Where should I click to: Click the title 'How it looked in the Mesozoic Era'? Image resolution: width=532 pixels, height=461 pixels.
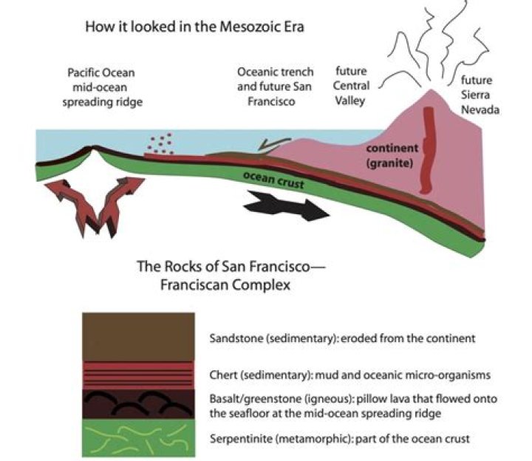click(194, 27)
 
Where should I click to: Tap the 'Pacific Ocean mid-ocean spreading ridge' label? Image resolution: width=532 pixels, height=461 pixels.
click(102, 87)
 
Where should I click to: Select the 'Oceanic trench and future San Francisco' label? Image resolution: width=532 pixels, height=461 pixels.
click(275, 86)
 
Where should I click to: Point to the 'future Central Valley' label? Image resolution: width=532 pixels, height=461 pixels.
click(351, 86)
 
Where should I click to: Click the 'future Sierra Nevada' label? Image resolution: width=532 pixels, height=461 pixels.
click(480, 95)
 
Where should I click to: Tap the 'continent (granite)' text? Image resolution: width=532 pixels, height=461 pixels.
click(392, 156)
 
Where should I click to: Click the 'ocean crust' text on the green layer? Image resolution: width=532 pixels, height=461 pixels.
click(273, 180)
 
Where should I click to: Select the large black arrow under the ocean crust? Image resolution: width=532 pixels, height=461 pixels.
click(286, 205)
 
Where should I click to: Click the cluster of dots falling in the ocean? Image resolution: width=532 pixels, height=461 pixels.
click(160, 144)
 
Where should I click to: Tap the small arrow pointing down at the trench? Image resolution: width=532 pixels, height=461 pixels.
click(273, 145)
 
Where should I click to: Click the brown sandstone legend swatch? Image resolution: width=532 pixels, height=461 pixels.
click(138, 337)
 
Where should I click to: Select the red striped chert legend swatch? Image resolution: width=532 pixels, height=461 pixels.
click(138, 375)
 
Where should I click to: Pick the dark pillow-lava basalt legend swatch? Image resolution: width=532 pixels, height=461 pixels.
click(138, 403)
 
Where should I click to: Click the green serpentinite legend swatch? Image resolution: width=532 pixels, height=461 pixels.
click(138, 437)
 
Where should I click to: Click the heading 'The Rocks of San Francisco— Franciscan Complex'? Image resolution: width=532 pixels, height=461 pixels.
click(231, 276)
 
